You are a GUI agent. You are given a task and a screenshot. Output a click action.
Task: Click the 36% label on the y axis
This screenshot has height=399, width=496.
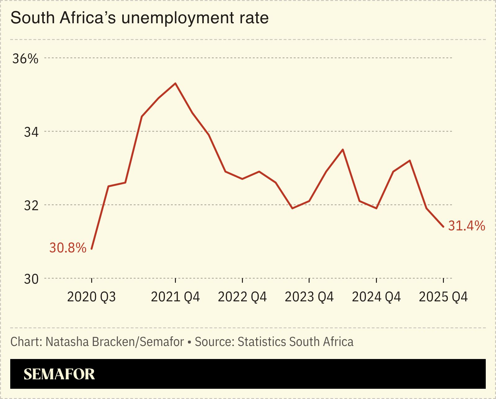tap(25, 59)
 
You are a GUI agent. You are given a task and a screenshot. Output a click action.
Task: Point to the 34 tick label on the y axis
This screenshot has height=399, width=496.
tap(31, 132)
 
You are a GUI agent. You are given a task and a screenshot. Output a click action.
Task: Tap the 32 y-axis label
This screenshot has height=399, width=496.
tap(31, 206)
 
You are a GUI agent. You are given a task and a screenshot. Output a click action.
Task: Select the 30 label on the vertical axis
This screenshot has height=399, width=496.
tap(31, 279)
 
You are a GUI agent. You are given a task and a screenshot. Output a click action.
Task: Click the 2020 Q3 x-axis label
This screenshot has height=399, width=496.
tap(91, 297)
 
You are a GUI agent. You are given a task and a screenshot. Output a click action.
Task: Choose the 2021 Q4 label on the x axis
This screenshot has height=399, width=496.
tap(175, 297)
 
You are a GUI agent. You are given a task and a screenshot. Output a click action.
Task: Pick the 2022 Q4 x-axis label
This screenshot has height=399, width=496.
tap(242, 297)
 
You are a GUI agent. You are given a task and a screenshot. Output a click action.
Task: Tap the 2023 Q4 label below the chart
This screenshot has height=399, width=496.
tap(309, 297)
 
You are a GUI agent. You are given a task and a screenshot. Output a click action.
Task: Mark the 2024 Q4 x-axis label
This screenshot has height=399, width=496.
tap(376, 297)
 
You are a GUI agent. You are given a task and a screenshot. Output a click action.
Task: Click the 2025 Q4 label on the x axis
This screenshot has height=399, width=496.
tap(443, 297)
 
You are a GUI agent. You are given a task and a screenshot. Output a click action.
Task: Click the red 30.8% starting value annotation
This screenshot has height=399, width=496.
tap(68, 248)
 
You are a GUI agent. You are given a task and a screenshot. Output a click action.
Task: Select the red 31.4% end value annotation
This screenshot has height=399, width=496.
tap(467, 226)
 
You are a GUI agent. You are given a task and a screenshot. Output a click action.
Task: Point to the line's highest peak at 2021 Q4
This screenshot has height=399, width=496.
tap(176, 83)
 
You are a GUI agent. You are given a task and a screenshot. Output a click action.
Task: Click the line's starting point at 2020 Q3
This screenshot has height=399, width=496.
tap(92, 249)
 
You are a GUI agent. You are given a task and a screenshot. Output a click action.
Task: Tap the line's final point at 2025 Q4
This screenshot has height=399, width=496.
tap(443, 227)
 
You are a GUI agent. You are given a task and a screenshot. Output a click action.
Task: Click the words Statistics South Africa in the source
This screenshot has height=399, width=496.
tap(295, 342)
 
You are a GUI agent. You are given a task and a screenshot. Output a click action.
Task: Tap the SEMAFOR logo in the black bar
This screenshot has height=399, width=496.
tap(59, 374)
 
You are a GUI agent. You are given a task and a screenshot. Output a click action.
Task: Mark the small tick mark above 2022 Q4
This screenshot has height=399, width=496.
tap(242, 281)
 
